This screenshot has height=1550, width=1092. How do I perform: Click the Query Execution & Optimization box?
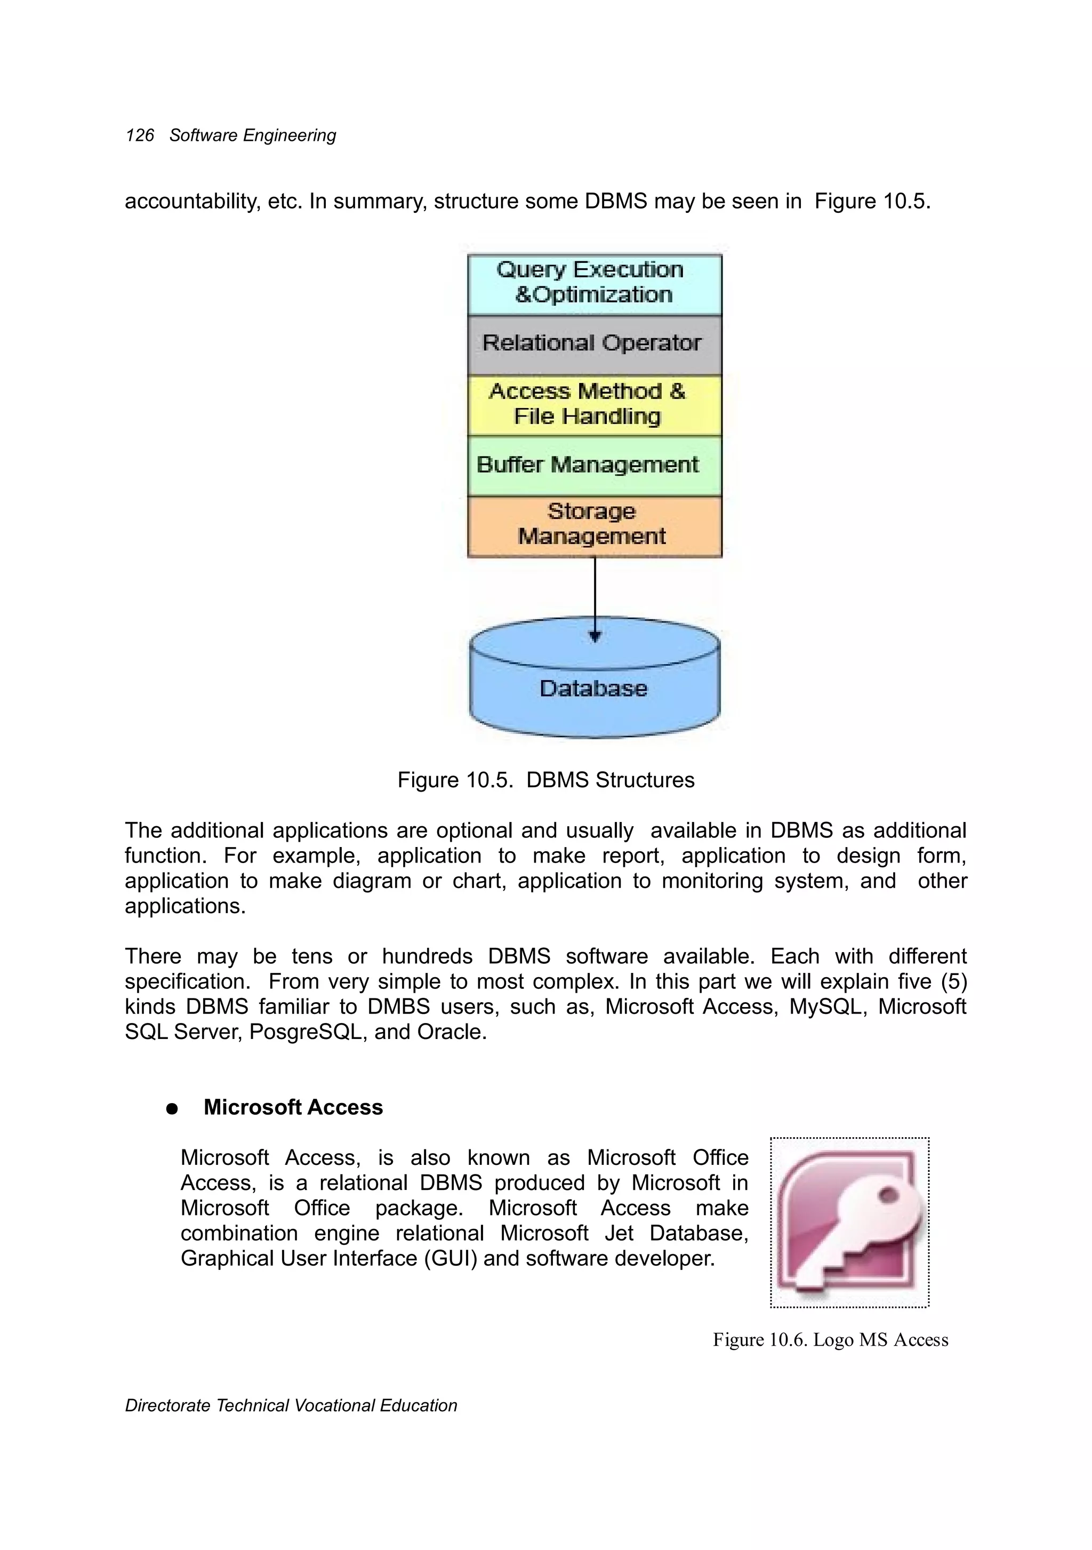tap(594, 284)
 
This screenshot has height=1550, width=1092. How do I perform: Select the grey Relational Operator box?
tap(594, 344)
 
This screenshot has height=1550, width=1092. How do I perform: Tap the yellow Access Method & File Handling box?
tap(594, 404)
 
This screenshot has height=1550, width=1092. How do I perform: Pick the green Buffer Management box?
tap(594, 465)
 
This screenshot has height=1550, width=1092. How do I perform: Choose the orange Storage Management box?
tap(594, 525)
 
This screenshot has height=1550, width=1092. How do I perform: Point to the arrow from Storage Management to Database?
tap(595, 597)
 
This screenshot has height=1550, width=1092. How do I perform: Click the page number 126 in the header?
tap(140, 135)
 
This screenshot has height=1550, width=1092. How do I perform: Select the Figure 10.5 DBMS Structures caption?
tap(545, 780)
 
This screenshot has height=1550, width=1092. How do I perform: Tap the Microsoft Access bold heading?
tap(293, 1107)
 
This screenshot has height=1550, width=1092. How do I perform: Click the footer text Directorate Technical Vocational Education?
tap(291, 1405)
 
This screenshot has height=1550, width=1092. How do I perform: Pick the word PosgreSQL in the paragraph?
tap(308, 1032)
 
